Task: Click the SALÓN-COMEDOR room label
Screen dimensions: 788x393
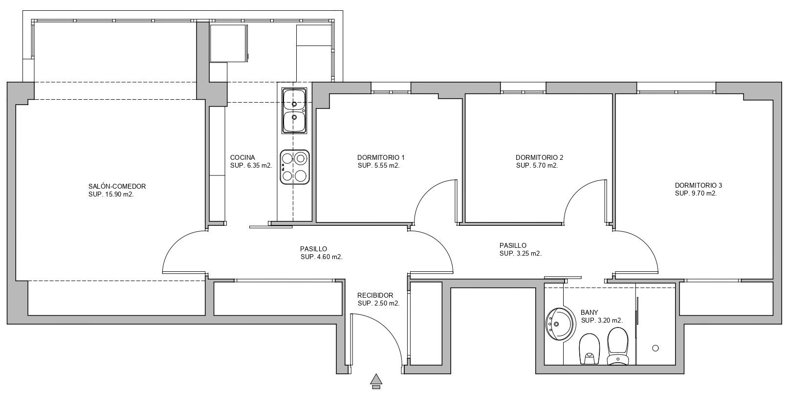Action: click(117, 186)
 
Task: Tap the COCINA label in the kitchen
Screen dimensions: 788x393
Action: click(242, 157)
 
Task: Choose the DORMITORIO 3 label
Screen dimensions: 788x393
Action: click(698, 185)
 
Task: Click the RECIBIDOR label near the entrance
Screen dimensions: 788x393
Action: click(375, 295)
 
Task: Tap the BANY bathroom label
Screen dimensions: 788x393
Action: click(589, 312)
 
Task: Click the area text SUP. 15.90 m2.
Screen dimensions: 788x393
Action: click(111, 194)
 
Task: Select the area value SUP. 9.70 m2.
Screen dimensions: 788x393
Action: click(696, 193)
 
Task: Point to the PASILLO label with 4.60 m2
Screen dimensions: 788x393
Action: click(313, 249)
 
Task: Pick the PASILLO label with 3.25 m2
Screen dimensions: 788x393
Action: click(513, 245)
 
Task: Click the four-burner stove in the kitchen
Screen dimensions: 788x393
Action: click(295, 167)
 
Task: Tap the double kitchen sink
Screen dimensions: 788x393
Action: click(294, 110)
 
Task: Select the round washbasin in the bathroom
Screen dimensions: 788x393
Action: click(561, 324)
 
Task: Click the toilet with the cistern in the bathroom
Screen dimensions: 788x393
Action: click(617, 346)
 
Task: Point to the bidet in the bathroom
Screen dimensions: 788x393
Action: click(589, 349)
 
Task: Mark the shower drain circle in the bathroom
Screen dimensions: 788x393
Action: click(656, 348)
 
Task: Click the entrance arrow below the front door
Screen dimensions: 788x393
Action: click(376, 381)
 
